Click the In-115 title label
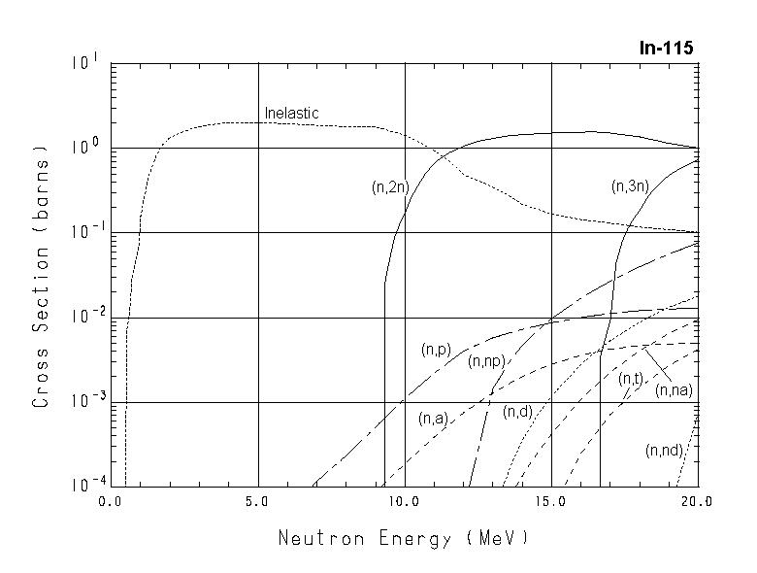tap(667, 48)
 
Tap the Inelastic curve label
tap(291, 114)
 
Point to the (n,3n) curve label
tap(630, 185)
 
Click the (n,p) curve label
tap(436, 350)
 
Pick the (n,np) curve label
tap(485, 361)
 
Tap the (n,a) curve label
tap(432, 419)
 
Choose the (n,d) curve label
tap(517, 412)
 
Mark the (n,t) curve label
tap(631, 379)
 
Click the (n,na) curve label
tap(673, 390)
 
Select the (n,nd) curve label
tap(665, 450)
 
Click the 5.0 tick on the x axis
tap(258, 502)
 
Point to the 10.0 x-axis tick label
tap(404, 502)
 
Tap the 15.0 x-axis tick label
tap(550, 502)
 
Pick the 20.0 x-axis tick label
tap(697, 502)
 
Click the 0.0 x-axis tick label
tap(112, 502)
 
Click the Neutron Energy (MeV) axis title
tap(404, 538)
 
